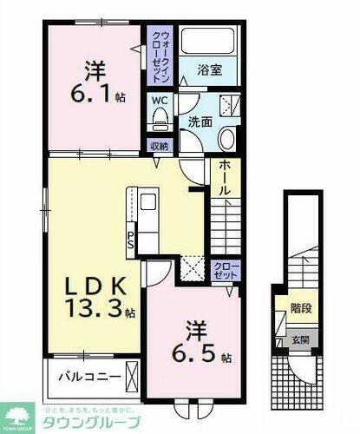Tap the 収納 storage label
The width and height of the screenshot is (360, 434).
coord(158,146)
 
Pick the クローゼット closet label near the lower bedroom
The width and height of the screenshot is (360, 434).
coord(223,269)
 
